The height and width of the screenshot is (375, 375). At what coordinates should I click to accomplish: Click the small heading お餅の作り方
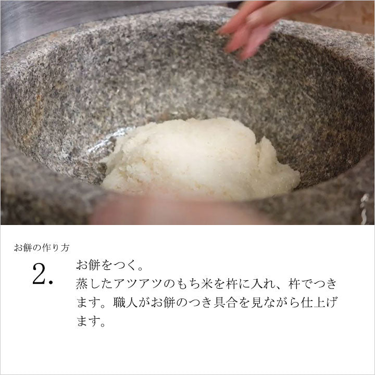42,248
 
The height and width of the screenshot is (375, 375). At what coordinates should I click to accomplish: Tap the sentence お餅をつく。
109,266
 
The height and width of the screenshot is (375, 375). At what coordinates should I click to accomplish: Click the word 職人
125,303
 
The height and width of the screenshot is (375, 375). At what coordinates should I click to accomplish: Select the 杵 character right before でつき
294,284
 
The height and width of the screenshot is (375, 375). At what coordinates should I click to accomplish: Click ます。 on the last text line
91,321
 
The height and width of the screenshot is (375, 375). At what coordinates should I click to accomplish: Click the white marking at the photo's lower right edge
366,208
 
